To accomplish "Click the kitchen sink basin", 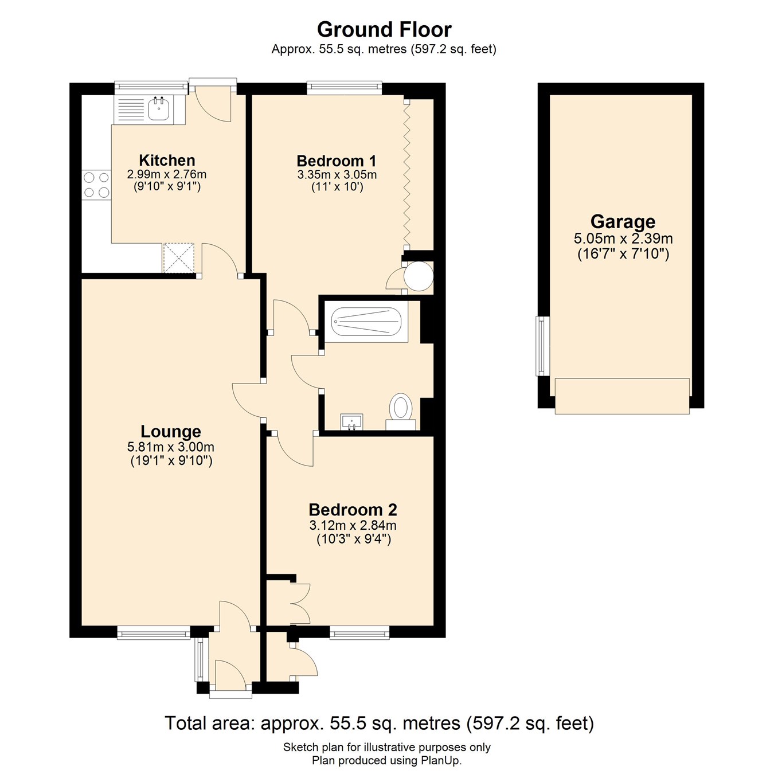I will [158, 108].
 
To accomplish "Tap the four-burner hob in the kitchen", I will [96, 185].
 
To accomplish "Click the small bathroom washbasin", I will [351, 421].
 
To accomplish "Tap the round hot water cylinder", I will [418, 276].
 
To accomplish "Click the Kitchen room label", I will [167, 161].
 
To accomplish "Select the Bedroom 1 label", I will [337, 161].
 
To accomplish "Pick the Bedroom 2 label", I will [353, 510].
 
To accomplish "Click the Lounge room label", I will [171, 432].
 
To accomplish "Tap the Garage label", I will [623, 221].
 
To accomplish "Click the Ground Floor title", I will [384, 29].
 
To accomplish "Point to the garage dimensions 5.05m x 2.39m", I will [623, 239].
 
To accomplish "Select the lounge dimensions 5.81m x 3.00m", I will [171, 447].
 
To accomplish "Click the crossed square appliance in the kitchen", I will [179, 257].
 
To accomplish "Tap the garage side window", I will [542, 346].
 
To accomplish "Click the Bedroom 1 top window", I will [344, 88].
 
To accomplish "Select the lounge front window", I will [153, 633].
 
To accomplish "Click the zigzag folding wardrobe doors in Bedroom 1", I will [406, 172].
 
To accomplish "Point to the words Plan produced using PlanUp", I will [386, 761].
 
